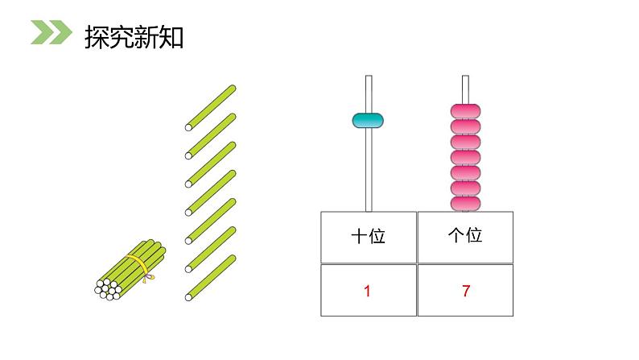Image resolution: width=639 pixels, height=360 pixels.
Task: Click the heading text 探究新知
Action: click(x=134, y=36)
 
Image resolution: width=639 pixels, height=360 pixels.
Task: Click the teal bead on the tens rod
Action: click(x=368, y=121)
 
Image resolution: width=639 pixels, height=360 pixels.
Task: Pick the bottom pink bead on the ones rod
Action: click(x=465, y=203)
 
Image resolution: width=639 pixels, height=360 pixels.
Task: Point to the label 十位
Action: click(x=368, y=236)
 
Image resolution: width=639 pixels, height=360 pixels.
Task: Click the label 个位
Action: click(x=464, y=236)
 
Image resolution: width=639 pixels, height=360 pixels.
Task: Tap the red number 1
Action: click(x=368, y=292)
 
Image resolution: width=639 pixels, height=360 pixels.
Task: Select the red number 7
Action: click(x=465, y=292)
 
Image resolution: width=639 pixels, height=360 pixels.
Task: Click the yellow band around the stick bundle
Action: click(x=140, y=267)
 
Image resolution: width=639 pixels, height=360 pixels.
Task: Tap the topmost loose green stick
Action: click(x=211, y=106)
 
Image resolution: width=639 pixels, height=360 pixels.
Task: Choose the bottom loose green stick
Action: click(x=211, y=277)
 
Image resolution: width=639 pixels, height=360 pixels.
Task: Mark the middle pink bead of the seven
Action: click(x=465, y=156)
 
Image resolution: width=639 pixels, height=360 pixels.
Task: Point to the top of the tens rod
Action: click(x=369, y=79)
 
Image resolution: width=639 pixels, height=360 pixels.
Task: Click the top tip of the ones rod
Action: click(x=465, y=79)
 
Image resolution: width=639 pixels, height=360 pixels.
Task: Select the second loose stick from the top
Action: click(x=211, y=134)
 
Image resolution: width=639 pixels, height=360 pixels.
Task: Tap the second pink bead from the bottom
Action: click(x=465, y=188)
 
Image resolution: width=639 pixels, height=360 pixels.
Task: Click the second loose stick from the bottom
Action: click(x=211, y=248)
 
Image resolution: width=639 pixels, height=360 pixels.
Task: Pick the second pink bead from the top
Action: click(x=465, y=126)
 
